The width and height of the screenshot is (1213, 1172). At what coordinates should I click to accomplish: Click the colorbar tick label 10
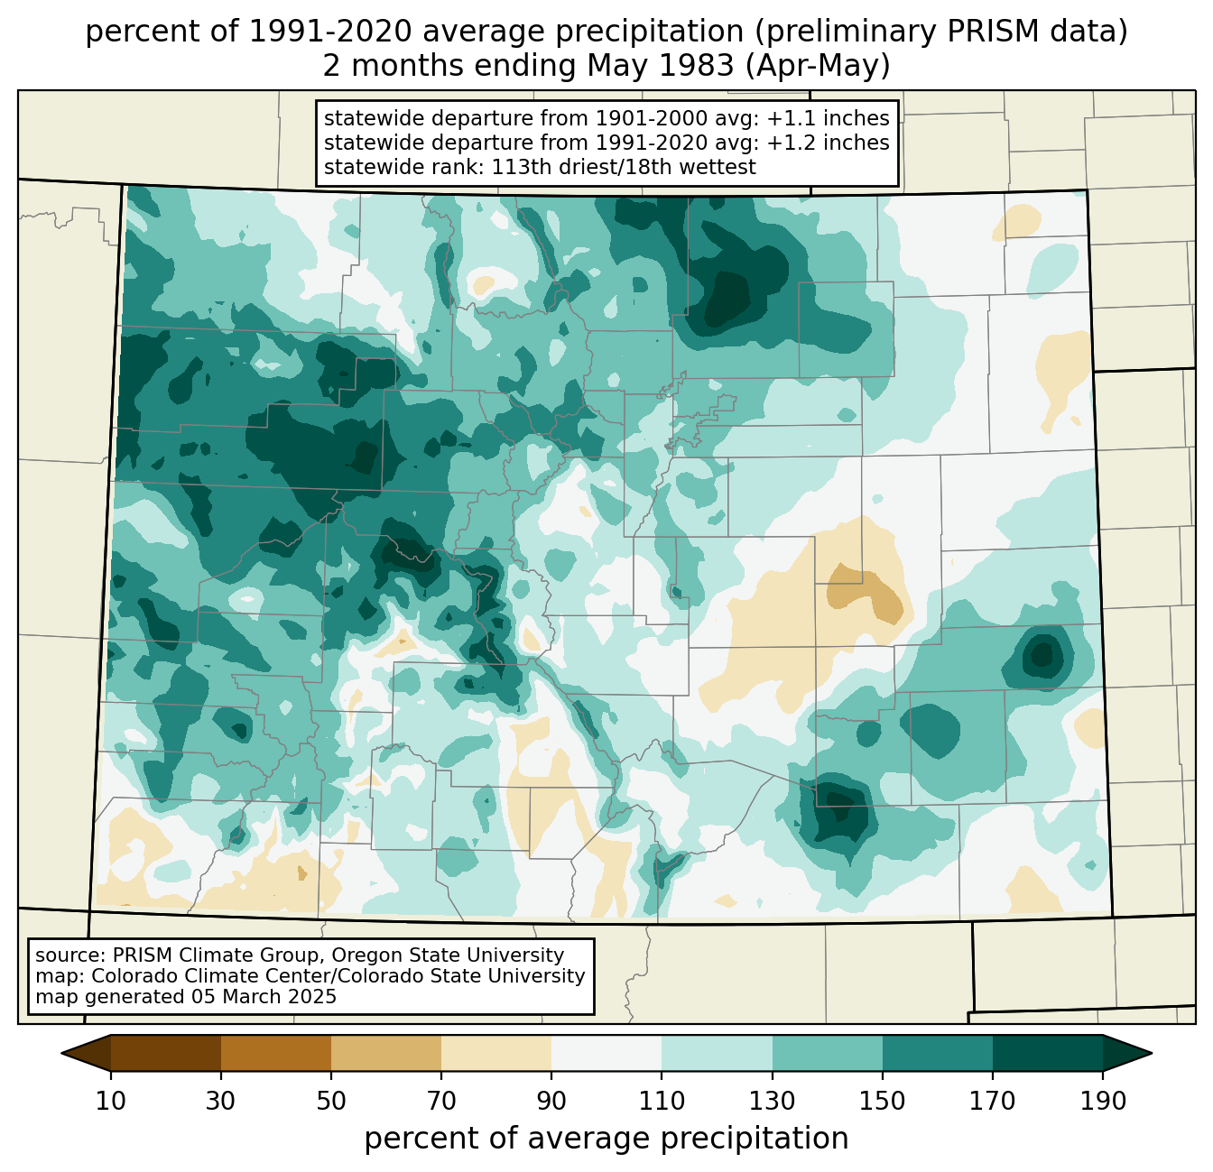click(110, 1101)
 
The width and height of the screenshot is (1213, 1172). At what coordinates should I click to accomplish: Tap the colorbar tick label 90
click(551, 1101)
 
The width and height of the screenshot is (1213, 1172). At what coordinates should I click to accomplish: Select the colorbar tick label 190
click(1103, 1101)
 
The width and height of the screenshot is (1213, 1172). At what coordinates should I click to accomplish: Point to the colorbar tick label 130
click(772, 1101)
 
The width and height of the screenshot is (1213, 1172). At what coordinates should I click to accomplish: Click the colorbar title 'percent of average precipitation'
click(606, 1139)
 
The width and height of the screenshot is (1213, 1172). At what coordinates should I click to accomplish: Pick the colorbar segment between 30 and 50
click(275, 1053)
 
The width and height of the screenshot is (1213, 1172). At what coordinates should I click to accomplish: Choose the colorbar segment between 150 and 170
click(937, 1053)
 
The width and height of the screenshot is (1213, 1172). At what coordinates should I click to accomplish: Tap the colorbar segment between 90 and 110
click(606, 1053)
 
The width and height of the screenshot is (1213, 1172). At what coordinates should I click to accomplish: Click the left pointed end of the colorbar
click(61, 1053)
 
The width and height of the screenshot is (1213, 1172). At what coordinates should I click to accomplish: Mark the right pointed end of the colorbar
click(1152, 1053)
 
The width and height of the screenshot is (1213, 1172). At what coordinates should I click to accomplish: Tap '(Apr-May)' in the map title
click(818, 66)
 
